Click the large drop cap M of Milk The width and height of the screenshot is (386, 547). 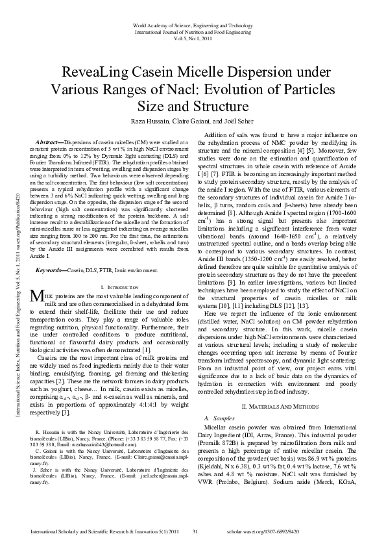[x=37, y=298]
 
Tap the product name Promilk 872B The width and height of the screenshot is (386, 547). [x=224, y=431]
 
